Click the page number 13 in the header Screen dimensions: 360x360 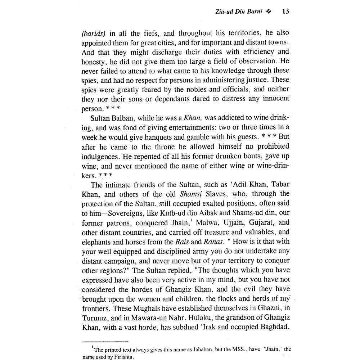tap(285, 12)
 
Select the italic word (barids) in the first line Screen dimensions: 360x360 tap(94, 33)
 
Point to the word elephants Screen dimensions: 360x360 tap(96, 242)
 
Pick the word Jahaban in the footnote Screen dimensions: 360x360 tap(174, 349)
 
